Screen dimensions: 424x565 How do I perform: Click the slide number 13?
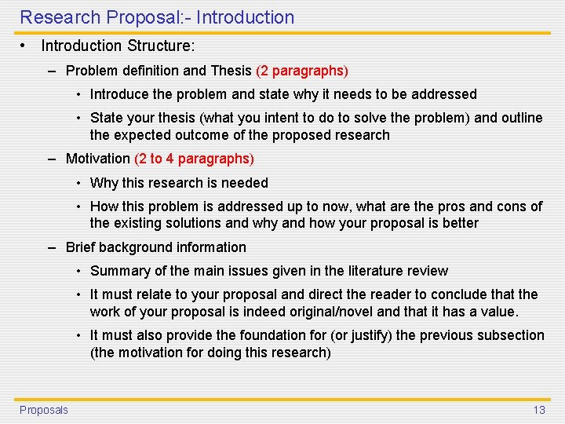click(x=539, y=410)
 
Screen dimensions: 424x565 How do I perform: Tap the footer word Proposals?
click(x=44, y=410)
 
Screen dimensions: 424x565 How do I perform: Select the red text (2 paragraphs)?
click(x=302, y=71)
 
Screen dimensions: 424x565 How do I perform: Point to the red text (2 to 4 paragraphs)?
click(x=194, y=159)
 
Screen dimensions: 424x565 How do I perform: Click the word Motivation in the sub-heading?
click(x=98, y=159)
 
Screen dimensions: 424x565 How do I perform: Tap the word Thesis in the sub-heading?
click(x=231, y=71)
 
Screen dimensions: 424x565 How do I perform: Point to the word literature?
click(x=375, y=271)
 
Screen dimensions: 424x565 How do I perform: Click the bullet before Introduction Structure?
click(x=24, y=46)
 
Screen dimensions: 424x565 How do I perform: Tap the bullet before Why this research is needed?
click(x=79, y=183)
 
